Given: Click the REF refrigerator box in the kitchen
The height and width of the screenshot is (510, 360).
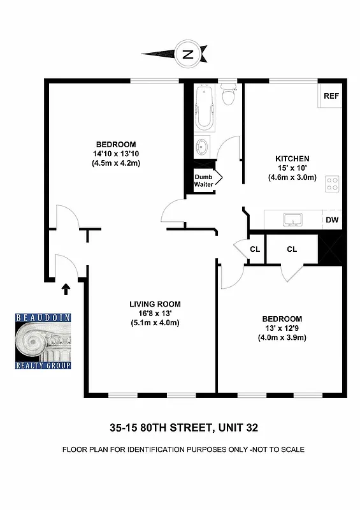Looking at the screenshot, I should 331,96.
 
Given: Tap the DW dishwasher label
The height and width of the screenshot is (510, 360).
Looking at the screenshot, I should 331,220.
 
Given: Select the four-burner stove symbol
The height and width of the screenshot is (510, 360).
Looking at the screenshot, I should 332,184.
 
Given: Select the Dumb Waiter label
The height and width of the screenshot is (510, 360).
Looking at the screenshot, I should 204,179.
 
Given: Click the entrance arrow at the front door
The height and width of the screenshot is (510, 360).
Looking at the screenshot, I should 65,290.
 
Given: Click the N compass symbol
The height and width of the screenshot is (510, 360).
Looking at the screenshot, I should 187,54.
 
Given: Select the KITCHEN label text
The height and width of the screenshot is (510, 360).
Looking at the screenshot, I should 292,159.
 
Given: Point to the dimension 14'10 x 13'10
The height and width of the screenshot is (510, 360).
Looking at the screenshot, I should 115,154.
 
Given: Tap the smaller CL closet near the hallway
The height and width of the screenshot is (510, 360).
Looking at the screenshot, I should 254,249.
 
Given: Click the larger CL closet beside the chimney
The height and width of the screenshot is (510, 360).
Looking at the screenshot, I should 291,249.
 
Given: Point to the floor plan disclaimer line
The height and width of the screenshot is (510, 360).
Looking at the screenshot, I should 184,449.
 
